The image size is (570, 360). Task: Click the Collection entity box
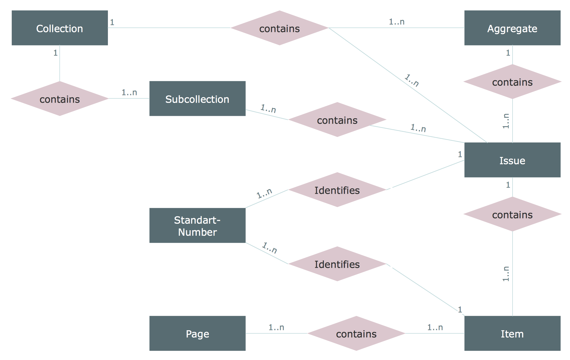click(60, 28)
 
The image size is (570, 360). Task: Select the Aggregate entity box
click(512, 28)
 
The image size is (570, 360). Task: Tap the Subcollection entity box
click(197, 99)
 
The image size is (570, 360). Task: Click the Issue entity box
click(512, 160)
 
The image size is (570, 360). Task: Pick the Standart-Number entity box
click(197, 225)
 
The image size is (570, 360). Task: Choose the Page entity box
click(197, 333)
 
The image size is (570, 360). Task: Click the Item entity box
click(512, 333)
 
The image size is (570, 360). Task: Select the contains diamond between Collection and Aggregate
click(279, 28)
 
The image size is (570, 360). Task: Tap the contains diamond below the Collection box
click(60, 99)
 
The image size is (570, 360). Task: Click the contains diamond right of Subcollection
click(337, 120)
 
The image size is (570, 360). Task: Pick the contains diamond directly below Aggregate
click(512, 82)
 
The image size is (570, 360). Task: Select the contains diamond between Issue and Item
click(512, 214)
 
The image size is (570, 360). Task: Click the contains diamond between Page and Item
click(356, 333)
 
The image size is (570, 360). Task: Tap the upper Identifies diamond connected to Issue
click(337, 190)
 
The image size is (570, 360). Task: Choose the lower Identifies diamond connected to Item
click(337, 264)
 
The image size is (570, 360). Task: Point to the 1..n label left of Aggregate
click(397, 22)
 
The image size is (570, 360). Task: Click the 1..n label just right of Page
click(276, 327)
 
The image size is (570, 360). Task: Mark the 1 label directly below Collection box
click(55, 53)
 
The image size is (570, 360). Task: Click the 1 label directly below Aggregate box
click(508, 53)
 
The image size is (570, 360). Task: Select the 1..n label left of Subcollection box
click(129, 93)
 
